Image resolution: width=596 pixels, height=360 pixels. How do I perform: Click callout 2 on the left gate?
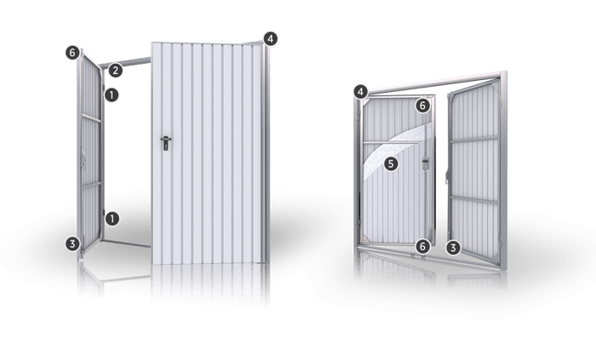(x=116, y=71)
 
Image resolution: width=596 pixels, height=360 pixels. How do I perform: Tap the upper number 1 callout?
(x=112, y=95)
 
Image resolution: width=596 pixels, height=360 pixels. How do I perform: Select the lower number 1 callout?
(x=112, y=219)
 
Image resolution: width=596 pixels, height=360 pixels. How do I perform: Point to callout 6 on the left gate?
(x=72, y=53)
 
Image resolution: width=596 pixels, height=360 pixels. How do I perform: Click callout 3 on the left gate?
(x=72, y=243)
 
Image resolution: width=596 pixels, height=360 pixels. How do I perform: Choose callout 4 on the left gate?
(x=270, y=39)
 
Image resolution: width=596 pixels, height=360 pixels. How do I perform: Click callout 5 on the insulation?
(x=391, y=164)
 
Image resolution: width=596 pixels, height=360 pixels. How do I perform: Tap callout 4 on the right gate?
(x=361, y=92)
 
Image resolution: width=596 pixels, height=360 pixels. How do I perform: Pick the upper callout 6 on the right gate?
(x=422, y=106)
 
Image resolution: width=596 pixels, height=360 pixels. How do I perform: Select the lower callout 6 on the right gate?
(x=422, y=247)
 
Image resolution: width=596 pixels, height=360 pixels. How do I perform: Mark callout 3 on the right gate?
(x=453, y=248)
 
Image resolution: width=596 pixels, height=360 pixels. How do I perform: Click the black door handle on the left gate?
(x=166, y=143)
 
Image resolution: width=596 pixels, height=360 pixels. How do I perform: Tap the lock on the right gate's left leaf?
(x=426, y=164)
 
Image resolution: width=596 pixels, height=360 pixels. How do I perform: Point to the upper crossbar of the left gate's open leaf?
(x=91, y=118)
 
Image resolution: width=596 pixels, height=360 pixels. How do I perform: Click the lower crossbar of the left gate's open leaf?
(x=91, y=185)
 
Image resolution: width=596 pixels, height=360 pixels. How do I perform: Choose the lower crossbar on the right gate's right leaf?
(x=474, y=200)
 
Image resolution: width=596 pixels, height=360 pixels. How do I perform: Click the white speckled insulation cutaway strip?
(x=395, y=146)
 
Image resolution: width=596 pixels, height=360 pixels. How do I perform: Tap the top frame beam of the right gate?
(x=433, y=82)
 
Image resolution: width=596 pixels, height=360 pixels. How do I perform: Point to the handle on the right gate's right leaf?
(x=448, y=175)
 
